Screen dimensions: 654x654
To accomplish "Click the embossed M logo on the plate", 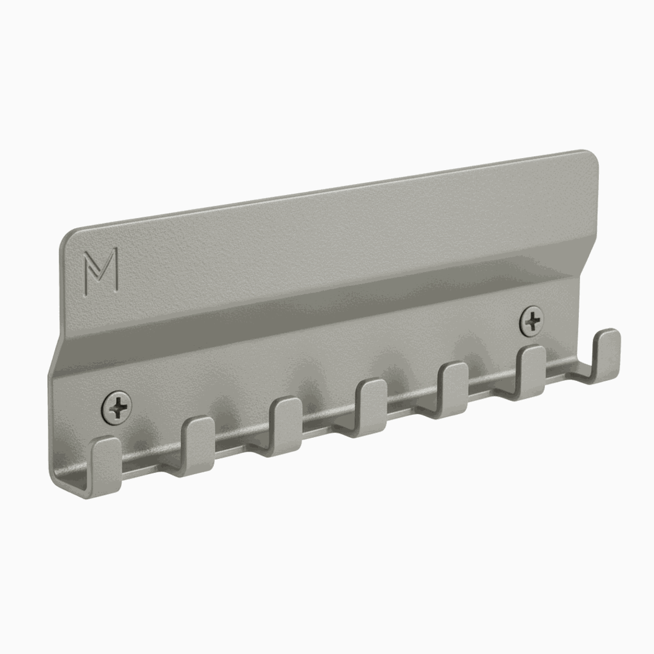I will click(x=101, y=264).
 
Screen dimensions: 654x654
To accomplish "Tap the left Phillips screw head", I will click(x=117, y=405).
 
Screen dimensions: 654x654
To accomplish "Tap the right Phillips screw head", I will click(x=532, y=320).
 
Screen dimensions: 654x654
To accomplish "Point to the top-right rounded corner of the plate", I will click(x=590, y=157).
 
